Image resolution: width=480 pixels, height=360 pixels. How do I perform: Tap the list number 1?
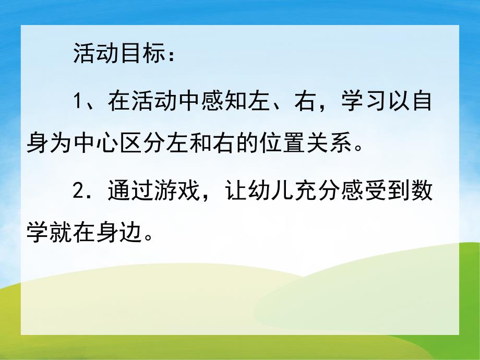(x=77, y=100)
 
